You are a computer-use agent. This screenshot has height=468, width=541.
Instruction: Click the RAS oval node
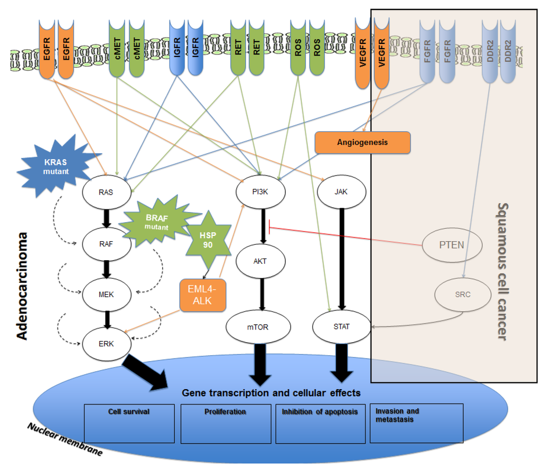(107, 192)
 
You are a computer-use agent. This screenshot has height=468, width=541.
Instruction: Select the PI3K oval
(260, 191)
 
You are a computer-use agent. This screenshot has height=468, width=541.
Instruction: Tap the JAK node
(341, 191)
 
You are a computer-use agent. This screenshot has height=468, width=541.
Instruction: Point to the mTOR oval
(258, 327)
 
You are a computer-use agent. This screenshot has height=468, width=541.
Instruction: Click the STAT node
(342, 326)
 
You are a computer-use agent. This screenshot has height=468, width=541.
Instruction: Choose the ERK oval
(107, 344)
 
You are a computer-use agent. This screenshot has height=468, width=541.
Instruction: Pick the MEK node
(107, 294)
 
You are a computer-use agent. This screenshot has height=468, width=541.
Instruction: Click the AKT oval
(260, 261)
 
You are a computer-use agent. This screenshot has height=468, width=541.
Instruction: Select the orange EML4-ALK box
(202, 295)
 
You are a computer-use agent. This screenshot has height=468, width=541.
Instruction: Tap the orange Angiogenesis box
(362, 142)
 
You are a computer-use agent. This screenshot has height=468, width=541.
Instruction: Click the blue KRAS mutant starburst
(57, 166)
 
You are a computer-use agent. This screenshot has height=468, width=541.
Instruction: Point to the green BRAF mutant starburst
(158, 222)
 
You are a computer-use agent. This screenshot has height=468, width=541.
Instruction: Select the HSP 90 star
(208, 240)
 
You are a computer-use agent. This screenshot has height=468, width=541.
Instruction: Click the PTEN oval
(452, 245)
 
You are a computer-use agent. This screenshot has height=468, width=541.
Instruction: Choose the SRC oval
(463, 295)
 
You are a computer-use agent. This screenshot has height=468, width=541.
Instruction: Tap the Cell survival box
(129, 424)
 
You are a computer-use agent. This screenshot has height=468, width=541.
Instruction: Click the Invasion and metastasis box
(416, 423)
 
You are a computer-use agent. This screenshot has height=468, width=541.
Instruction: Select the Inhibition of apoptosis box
(321, 424)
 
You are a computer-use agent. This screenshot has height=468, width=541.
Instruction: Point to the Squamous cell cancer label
(503, 271)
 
